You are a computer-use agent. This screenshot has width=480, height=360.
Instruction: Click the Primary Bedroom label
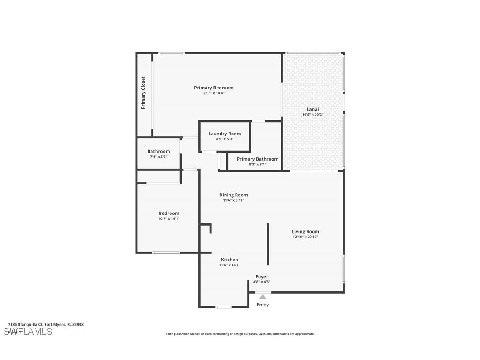(213, 88)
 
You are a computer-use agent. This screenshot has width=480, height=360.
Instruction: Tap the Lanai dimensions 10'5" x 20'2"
(312, 115)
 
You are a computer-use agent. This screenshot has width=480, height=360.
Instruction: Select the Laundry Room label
(225, 134)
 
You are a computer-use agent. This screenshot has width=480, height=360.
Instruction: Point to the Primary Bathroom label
(257, 159)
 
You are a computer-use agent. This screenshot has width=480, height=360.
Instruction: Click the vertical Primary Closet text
(143, 93)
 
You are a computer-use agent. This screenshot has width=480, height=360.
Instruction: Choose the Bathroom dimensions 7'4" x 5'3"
(158, 157)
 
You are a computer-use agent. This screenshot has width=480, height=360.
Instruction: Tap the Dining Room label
(233, 195)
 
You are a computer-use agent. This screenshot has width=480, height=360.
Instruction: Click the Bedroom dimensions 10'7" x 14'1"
(169, 218)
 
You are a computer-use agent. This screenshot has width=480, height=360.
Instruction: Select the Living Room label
(305, 231)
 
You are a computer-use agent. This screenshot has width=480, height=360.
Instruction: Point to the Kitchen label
(229, 260)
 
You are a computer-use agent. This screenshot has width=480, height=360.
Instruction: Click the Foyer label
(262, 276)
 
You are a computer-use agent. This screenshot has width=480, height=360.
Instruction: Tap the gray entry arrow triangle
(263, 297)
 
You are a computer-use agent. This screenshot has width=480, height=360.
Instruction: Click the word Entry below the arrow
(263, 305)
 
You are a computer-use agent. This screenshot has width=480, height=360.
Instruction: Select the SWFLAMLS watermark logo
(28, 332)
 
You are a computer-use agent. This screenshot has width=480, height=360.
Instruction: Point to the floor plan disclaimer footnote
(240, 334)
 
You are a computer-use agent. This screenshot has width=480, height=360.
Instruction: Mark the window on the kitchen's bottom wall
(223, 306)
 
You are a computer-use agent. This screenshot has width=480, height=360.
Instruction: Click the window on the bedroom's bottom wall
(166, 253)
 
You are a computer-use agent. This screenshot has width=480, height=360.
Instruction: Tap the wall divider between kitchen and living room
(267, 244)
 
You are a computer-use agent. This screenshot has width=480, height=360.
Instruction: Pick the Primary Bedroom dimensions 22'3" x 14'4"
(213, 93)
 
